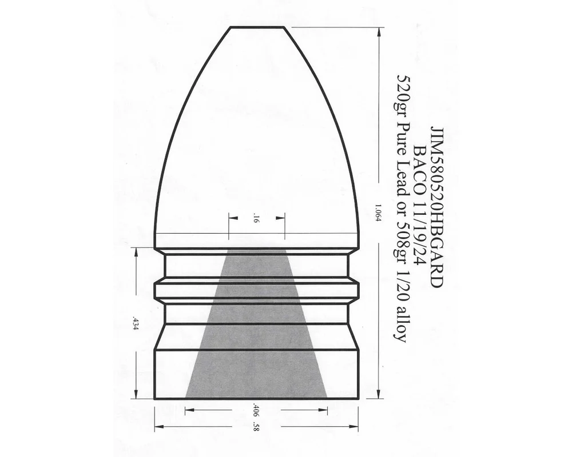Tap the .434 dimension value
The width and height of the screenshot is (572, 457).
pyautogui.click(x=135, y=323)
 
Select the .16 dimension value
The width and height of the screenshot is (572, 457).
pyautogui.click(x=256, y=219)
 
